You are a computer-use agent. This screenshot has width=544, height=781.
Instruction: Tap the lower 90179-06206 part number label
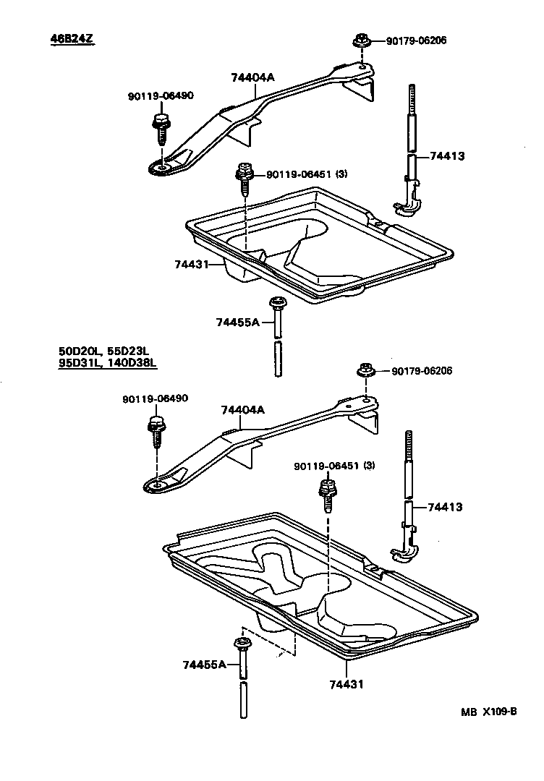(x=422, y=371)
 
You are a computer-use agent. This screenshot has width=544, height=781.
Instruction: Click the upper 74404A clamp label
(x=252, y=78)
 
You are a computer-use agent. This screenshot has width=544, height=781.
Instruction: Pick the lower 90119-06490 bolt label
(x=155, y=398)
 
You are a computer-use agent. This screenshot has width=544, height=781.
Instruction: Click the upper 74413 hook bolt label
(x=447, y=156)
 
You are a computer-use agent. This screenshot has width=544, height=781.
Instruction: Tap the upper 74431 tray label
(x=190, y=265)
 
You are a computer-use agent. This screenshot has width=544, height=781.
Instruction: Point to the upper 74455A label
(x=237, y=323)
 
